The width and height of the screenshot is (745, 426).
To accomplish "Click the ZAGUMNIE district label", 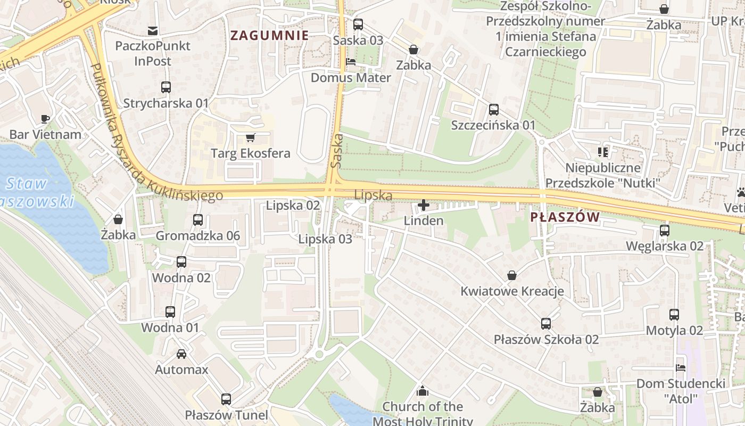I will [269, 36].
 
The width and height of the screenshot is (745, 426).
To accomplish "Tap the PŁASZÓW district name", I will [565, 217].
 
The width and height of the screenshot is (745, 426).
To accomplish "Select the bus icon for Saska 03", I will [358, 24].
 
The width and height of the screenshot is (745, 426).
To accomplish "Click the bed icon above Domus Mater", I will [351, 62].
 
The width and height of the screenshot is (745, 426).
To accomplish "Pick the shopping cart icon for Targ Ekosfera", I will [251, 137].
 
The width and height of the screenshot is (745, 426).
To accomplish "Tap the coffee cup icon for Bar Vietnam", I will [45, 118].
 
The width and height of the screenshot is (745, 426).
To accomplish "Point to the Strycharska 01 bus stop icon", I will [166, 87].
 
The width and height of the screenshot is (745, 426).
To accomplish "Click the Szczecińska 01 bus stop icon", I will [493, 109].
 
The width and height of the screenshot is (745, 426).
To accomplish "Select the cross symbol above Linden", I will [424, 204].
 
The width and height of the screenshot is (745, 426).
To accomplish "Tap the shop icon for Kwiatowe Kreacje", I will [511, 275].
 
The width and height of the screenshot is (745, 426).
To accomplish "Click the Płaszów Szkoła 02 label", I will [546, 339].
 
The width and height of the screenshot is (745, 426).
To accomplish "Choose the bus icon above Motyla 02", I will [674, 314].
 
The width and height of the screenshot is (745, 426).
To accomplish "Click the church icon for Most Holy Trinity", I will [423, 391].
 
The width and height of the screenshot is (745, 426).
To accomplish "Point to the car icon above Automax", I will [181, 354].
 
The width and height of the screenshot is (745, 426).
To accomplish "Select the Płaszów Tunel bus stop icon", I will [226, 399].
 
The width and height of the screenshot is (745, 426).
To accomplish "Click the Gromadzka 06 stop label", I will [198, 235].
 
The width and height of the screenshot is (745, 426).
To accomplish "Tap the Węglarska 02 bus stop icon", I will [664, 230].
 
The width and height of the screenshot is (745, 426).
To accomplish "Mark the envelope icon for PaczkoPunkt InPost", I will [153, 30].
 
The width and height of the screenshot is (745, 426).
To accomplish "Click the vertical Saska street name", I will [336, 151].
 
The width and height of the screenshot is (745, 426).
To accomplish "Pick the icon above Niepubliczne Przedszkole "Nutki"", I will [603, 152].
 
